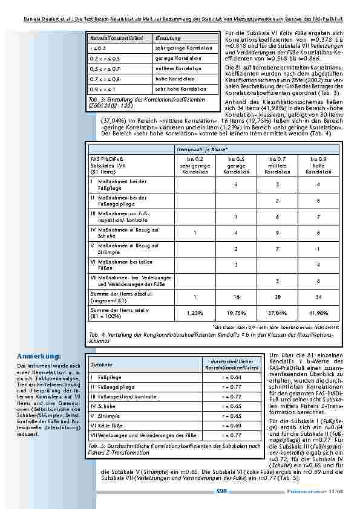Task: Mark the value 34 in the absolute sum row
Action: point(308,297)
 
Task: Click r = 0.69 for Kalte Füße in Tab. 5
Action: point(223,426)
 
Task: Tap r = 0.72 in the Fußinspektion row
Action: point(223,396)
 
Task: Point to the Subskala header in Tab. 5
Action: point(100,365)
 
